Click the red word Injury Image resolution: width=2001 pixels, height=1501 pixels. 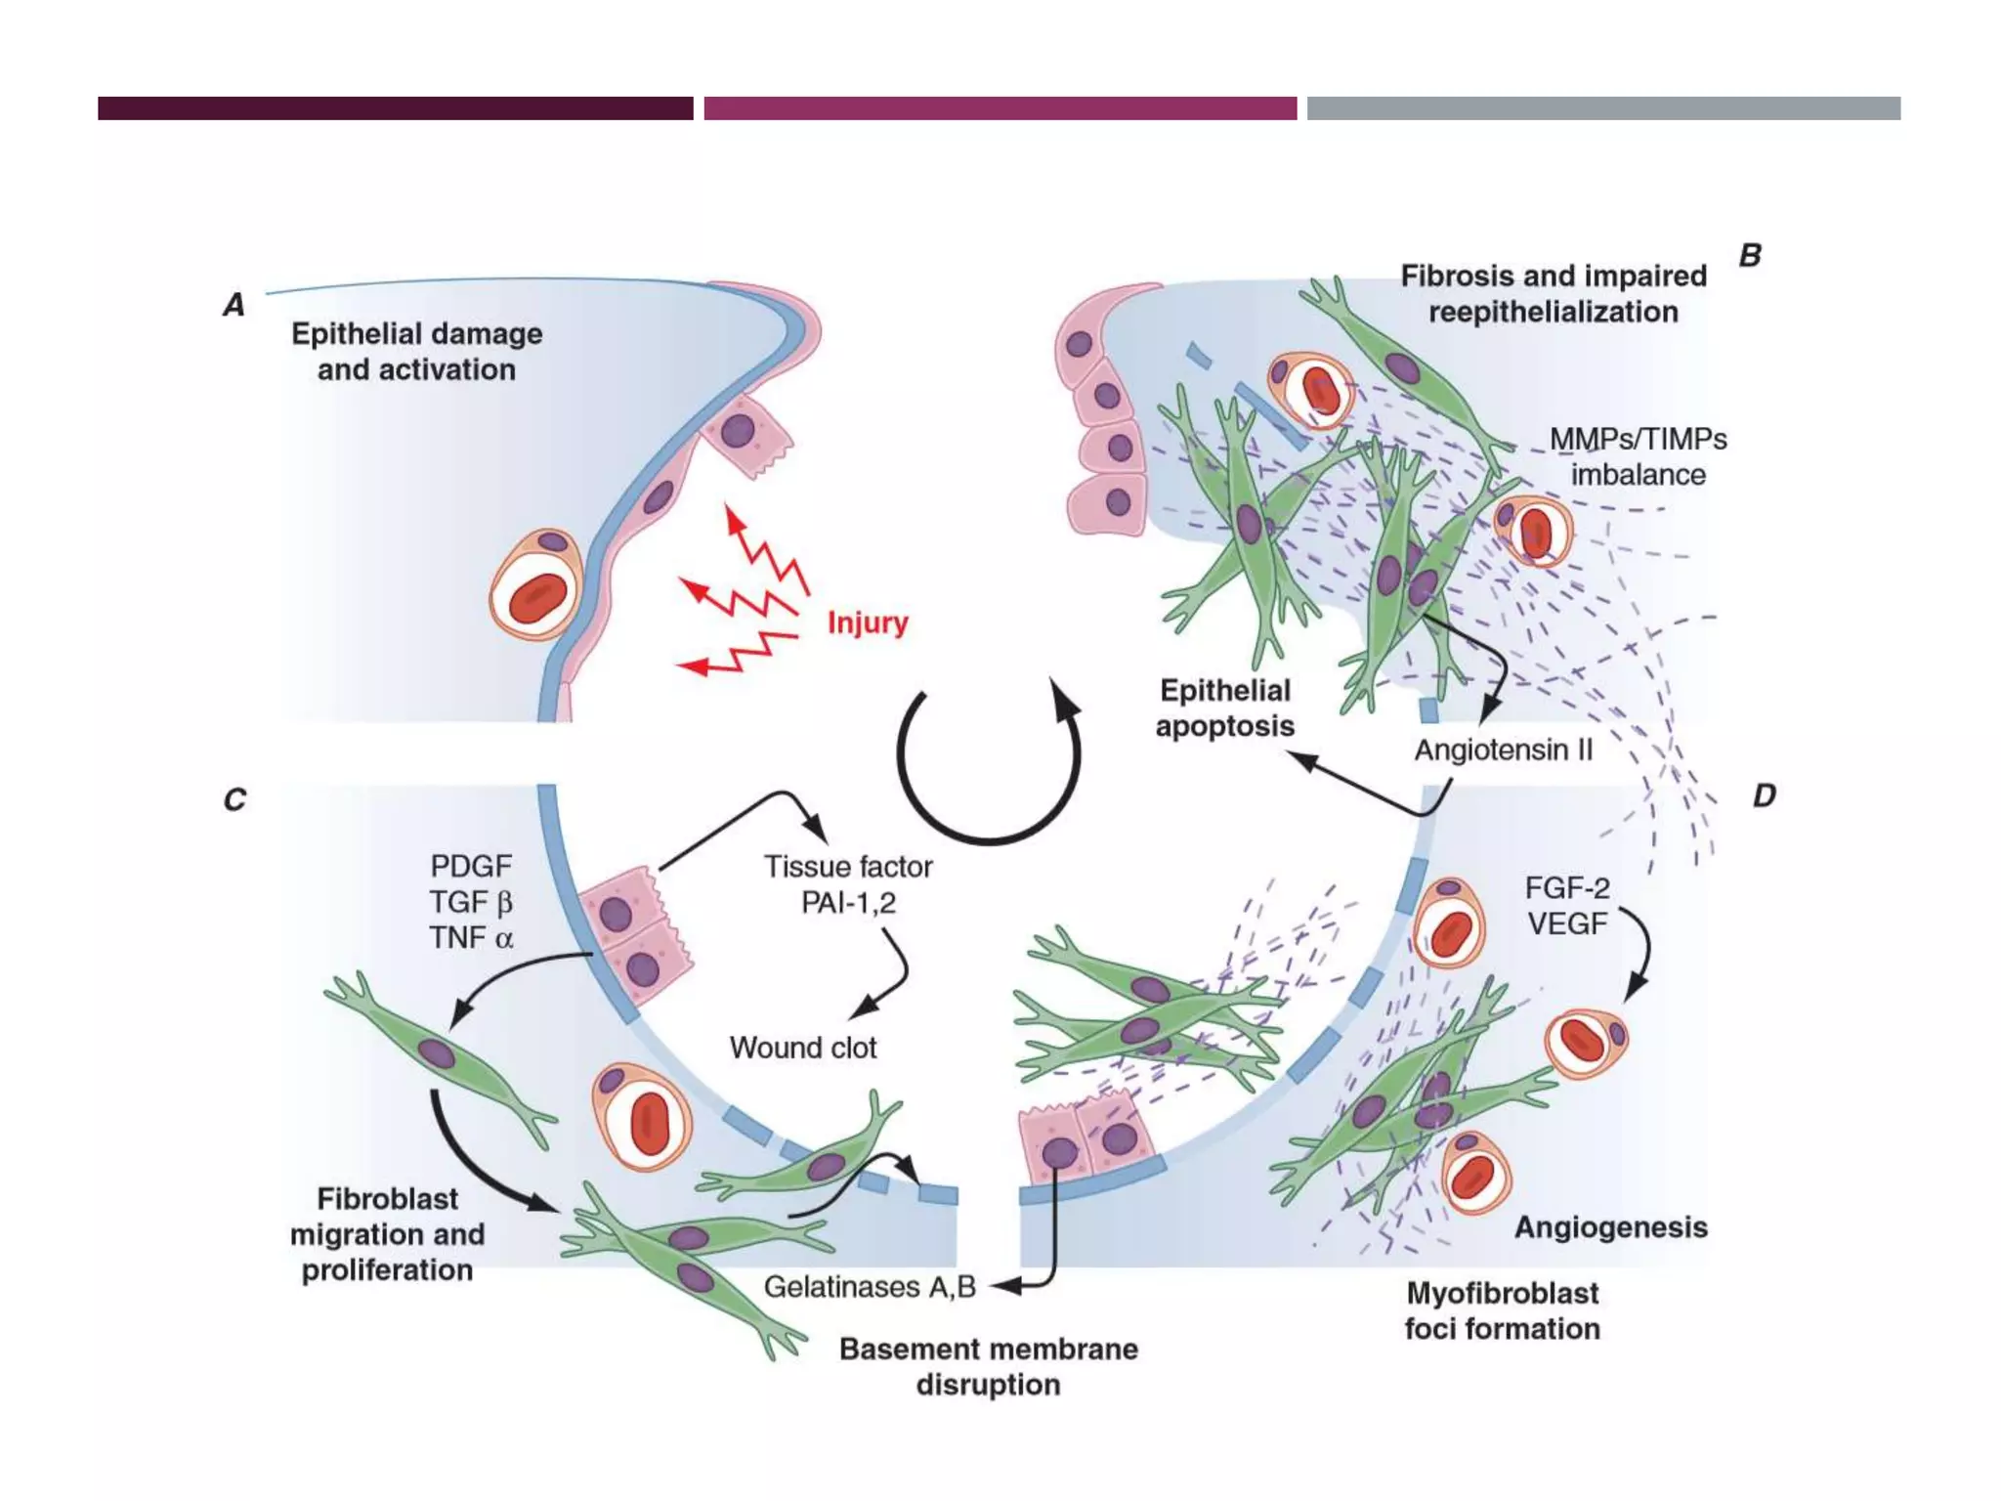point(868,622)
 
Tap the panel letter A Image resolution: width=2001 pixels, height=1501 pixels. point(234,305)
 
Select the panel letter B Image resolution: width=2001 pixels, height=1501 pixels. point(1749,256)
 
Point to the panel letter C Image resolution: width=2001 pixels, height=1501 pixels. point(234,800)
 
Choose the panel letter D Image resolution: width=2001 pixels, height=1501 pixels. point(1764,795)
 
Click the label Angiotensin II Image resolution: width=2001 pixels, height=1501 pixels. point(1503,750)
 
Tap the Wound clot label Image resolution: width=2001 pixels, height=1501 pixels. point(802,1048)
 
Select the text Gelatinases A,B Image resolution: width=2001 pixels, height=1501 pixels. point(870,1287)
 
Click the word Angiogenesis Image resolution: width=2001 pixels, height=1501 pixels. point(1610,1227)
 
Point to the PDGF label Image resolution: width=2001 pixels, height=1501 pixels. point(471,866)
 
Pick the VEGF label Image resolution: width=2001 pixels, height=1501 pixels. point(1567,923)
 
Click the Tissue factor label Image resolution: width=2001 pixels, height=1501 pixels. point(848,867)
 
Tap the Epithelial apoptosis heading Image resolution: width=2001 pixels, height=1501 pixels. point(1225,708)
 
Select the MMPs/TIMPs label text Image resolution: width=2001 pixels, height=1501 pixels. point(1638,440)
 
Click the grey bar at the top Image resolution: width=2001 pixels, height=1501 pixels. point(1603,108)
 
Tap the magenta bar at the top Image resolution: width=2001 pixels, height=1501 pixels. point(1000,108)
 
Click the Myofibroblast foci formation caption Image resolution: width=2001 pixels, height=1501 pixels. point(1502,1311)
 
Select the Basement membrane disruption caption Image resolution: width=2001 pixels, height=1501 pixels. point(988,1366)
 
